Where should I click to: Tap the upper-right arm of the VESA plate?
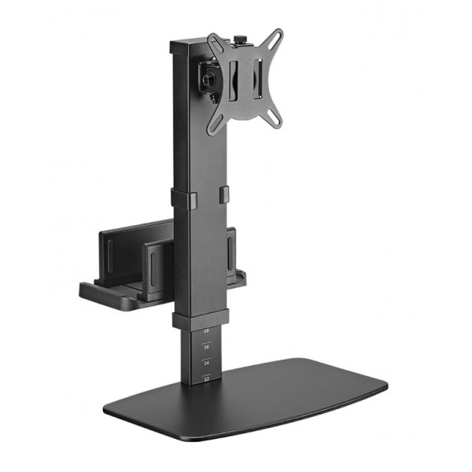(x=274, y=37)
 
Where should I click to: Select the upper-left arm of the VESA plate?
(x=214, y=40)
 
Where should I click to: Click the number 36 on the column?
(x=207, y=347)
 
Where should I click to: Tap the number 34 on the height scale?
(x=207, y=363)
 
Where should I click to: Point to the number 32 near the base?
(x=207, y=379)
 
